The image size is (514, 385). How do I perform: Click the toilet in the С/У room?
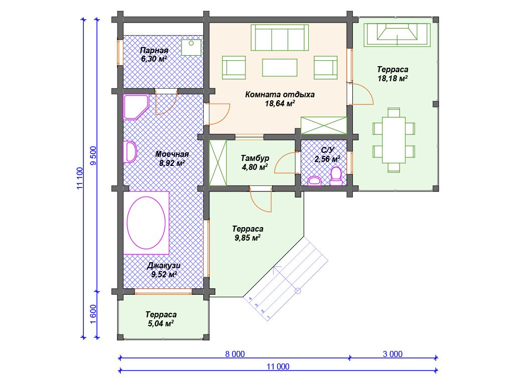tap(336, 176)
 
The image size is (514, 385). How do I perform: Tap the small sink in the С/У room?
tap(315, 180)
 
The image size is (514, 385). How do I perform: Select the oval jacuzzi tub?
tap(146, 223)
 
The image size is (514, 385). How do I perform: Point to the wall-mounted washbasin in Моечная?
tap(130, 152)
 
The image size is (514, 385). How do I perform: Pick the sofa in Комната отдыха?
tap(280, 38)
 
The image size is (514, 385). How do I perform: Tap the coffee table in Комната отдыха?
tap(280, 68)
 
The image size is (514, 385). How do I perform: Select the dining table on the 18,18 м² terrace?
tap(394, 140)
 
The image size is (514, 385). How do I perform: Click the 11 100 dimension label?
tap(80, 178)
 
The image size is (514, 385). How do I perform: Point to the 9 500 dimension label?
tap(93, 155)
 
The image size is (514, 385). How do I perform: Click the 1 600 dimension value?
tap(93, 314)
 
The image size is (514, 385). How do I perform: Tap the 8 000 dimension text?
tap(235, 354)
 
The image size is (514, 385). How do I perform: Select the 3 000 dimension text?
tap(393, 354)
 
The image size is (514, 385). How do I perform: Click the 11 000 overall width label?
tap(278, 366)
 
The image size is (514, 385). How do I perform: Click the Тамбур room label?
tap(255, 158)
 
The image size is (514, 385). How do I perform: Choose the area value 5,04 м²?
tap(161, 323)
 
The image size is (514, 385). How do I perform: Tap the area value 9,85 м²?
tap(247, 238)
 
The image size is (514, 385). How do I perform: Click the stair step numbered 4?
tap(250, 299)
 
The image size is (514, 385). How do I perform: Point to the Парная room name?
tap(154, 51)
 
